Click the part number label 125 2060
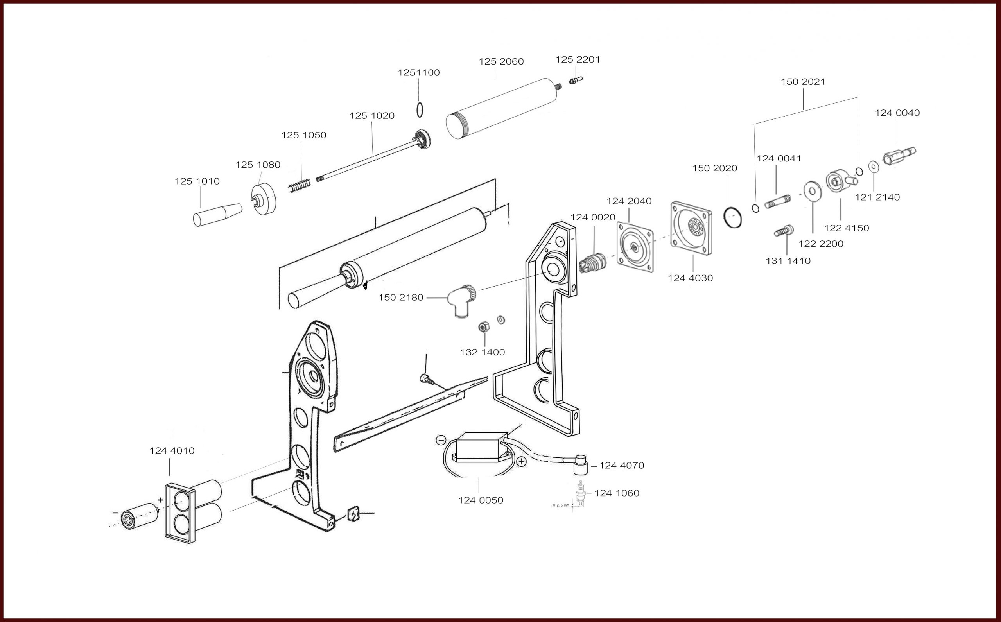point(501,62)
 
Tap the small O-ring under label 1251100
point(419,110)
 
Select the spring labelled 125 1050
point(300,186)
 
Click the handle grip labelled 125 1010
point(217,213)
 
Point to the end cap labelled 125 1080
point(263,199)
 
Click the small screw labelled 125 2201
point(576,80)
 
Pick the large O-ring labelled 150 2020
point(733,218)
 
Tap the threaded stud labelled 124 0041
point(778,202)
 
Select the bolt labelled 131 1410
point(784,231)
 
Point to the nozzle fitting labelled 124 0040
point(899,156)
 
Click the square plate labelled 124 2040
point(635,247)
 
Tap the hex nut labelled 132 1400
point(484,327)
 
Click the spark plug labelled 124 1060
point(581,494)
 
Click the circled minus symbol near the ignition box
point(441,440)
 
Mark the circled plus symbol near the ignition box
point(521,461)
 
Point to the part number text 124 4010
point(172,450)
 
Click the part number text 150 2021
point(803,82)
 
